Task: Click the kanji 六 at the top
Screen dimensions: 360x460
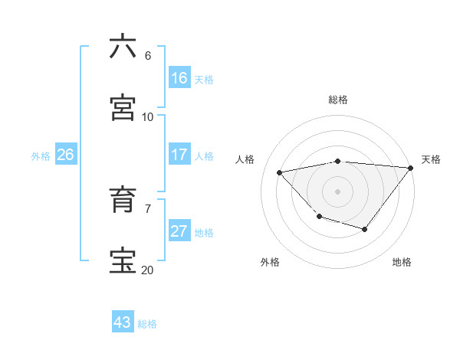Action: pos(123,47)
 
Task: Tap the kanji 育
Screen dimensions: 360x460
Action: pos(123,200)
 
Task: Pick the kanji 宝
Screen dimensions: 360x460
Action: pos(123,261)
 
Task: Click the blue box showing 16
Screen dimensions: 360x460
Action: pos(179,77)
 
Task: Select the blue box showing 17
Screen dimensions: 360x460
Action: pos(179,155)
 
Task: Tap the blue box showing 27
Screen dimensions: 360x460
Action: pos(179,231)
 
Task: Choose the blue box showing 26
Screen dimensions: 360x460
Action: pos(66,155)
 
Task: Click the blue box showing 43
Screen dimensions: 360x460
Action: pos(123,322)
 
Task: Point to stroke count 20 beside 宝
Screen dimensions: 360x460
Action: pos(147,270)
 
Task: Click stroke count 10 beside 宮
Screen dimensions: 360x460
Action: pos(147,116)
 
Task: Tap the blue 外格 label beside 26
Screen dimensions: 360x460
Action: pos(41,155)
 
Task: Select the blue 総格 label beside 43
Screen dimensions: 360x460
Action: pos(147,323)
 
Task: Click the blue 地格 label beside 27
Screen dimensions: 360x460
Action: pos(204,232)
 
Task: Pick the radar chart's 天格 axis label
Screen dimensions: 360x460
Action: pos(431,159)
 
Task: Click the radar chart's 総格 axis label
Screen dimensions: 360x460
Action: pos(338,100)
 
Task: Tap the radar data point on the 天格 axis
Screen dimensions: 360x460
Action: pos(412,167)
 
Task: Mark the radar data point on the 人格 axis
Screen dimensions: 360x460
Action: pos(280,172)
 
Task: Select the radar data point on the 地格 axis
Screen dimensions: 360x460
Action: pos(365,229)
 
